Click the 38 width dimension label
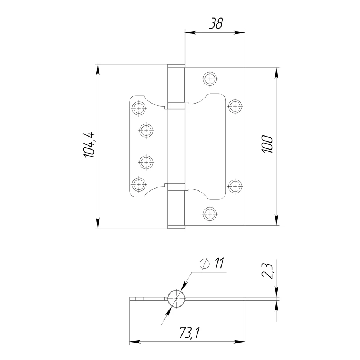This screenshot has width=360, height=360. click(216, 24)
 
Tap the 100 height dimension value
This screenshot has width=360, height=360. click(267, 144)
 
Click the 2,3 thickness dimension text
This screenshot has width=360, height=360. click(268, 271)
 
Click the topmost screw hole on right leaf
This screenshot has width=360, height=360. click(210, 78)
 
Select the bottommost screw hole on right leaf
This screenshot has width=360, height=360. click(210, 214)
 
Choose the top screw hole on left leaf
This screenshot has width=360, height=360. click(139, 108)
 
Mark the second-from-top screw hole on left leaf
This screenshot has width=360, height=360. click(146, 130)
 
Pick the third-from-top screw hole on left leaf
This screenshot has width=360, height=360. click(146, 162)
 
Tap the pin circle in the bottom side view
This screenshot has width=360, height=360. click(176, 299)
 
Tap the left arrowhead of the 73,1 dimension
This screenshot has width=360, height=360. click(134, 342)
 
